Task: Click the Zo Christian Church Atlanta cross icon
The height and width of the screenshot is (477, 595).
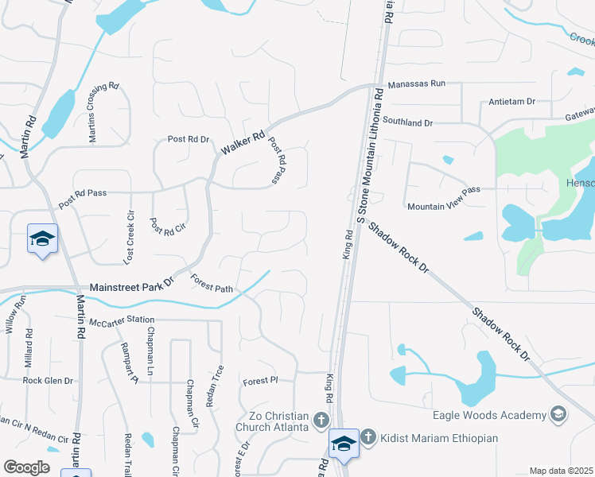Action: [321, 419]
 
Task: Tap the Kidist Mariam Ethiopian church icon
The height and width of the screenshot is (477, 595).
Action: [367, 436]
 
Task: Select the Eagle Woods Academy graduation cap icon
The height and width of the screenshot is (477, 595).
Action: [558, 414]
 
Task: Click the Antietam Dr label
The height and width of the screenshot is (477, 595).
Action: [512, 102]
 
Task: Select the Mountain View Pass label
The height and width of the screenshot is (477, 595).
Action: [444, 206]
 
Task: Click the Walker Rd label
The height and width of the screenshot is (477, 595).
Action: [243, 144]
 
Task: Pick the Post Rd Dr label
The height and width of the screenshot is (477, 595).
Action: [189, 139]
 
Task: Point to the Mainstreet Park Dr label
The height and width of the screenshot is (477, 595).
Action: [131, 286]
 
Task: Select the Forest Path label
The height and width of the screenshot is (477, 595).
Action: [212, 283]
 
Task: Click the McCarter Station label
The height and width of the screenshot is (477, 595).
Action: [122, 320]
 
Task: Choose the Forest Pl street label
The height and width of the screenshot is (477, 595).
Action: [260, 380]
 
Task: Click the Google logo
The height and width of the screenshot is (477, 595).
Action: [26, 467]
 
